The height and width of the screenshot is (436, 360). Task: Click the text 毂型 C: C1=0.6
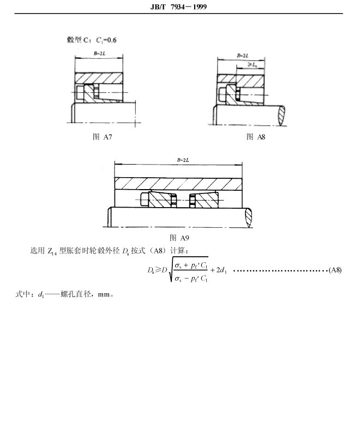[91, 40]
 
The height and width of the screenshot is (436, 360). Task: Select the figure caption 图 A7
[103, 137]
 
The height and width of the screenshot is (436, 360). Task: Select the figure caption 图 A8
[256, 137]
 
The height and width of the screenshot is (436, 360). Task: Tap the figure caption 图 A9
[179, 238]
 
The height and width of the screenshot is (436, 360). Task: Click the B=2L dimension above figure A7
[99, 53]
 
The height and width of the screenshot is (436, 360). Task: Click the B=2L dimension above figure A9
[182, 159]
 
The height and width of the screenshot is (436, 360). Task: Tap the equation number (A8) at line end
[335, 270]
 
